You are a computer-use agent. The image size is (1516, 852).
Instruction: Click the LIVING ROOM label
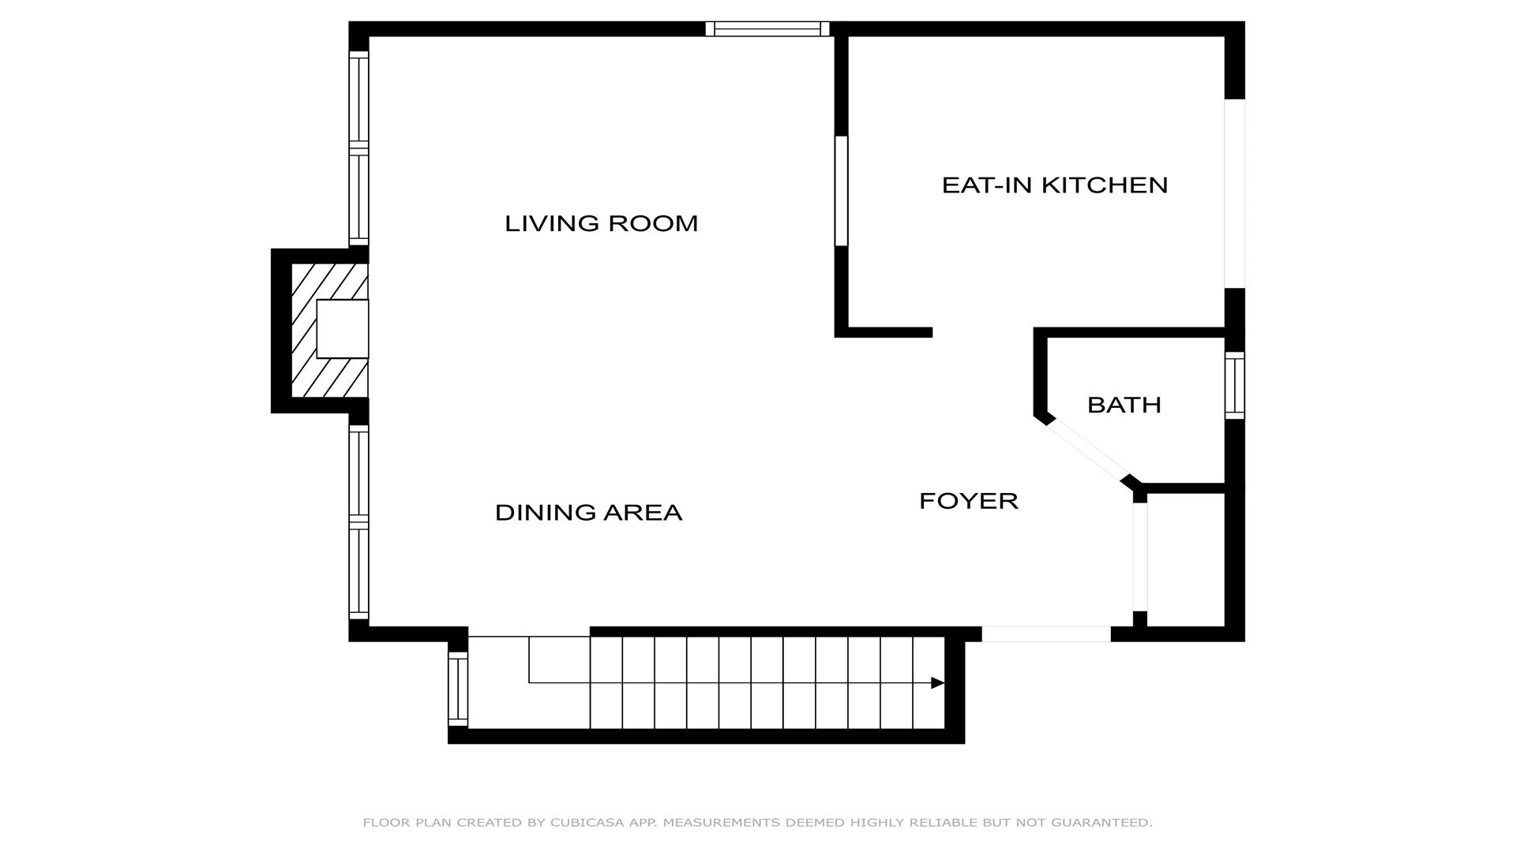(x=602, y=224)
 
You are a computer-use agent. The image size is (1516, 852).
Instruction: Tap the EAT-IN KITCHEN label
(x=1055, y=185)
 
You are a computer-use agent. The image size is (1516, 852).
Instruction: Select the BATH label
(x=1124, y=405)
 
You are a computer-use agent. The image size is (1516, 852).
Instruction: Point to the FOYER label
(x=969, y=501)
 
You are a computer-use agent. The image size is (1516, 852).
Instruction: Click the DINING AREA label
(x=588, y=513)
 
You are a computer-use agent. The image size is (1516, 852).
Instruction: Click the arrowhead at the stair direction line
(x=938, y=683)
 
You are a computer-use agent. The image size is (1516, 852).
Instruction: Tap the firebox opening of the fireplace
(x=343, y=329)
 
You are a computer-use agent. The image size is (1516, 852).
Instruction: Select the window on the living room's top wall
(x=767, y=29)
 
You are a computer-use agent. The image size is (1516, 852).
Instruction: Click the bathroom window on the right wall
(x=1235, y=385)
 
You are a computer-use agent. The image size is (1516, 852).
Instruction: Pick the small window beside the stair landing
(x=458, y=689)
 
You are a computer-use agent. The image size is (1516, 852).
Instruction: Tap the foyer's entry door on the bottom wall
(x=1046, y=633)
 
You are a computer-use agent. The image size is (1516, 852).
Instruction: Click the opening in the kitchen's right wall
(x=1235, y=194)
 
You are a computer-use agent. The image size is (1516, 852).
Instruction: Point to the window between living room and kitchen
(x=842, y=191)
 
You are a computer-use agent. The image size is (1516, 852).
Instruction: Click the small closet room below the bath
(x=1185, y=560)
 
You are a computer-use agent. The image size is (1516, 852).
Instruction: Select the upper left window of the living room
(x=358, y=148)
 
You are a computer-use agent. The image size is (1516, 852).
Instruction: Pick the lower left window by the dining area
(x=358, y=522)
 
